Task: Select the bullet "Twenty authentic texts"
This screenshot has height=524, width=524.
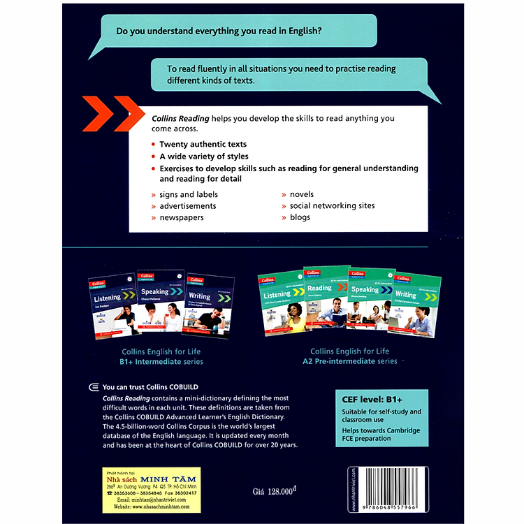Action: [203, 144]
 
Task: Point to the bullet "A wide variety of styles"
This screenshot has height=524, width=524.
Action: [203, 156]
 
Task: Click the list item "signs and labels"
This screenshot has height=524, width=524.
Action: [189, 194]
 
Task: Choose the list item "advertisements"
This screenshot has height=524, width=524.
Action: [187, 206]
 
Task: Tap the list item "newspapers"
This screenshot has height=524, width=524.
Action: [181, 217]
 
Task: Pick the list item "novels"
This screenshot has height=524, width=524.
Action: [302, 194]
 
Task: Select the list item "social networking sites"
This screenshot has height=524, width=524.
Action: [332, 206]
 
